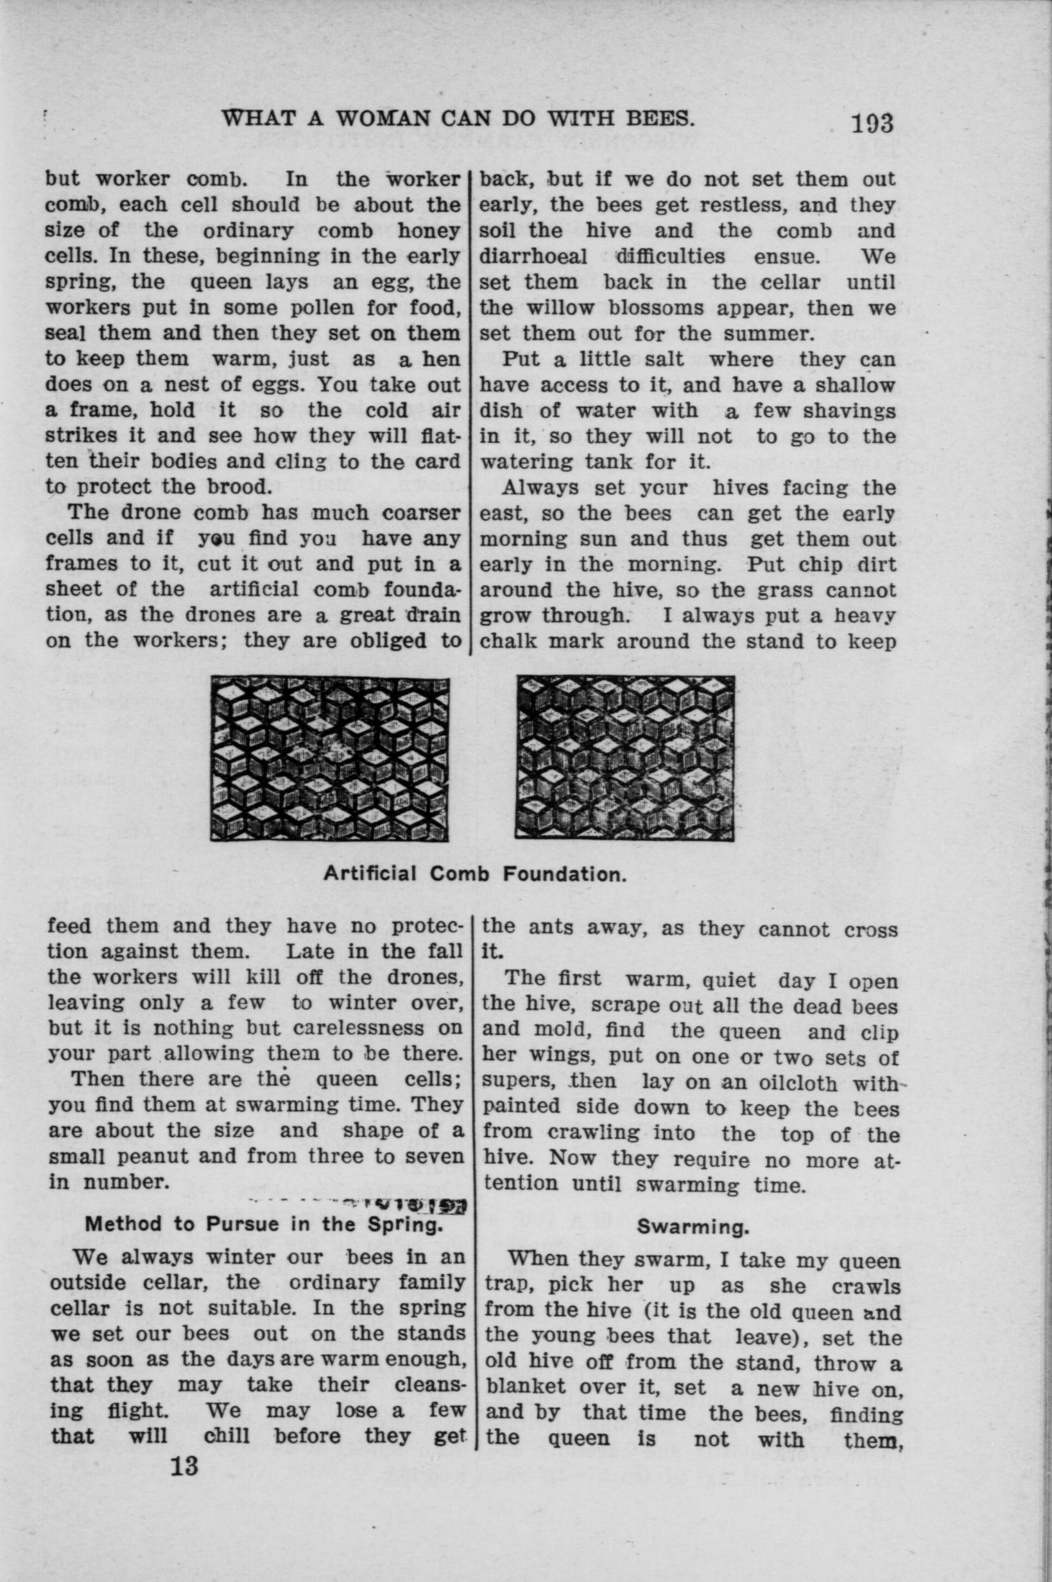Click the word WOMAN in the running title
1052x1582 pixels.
[x=384, y=119]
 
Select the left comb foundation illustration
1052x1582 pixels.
[x=329, y=759]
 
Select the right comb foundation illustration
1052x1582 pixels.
[x=625, y=758]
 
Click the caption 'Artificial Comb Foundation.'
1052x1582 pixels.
[x=475, y=874]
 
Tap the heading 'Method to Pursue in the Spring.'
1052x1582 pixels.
[x=264, y=1224]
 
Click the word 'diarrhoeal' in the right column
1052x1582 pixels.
[x=534, y=256]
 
